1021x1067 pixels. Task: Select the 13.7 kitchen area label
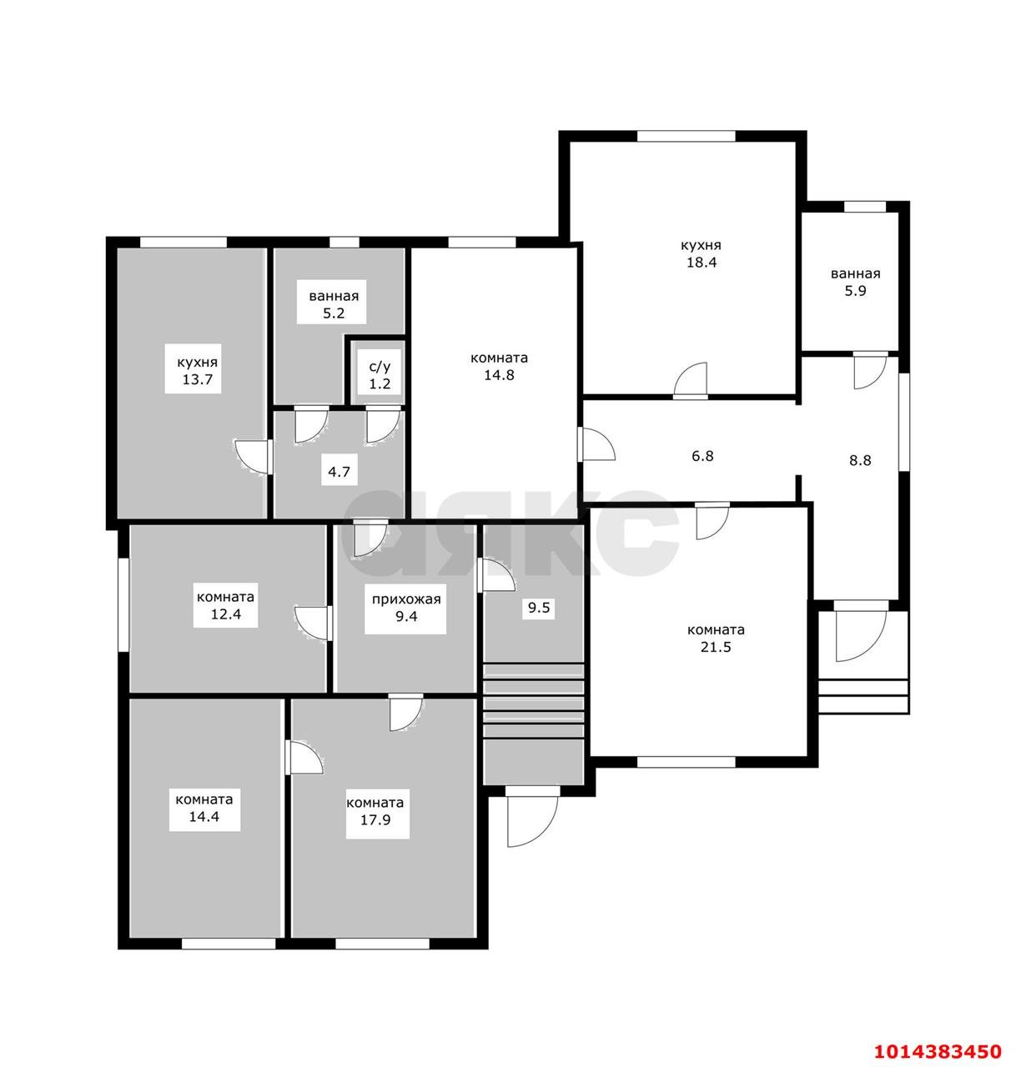click(x=196, y=370)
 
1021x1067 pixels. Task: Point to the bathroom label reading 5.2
click(x=331, y=305)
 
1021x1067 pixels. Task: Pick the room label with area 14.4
click(x=203, y=806)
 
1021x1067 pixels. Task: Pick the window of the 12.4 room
click(x=123, y=604)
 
